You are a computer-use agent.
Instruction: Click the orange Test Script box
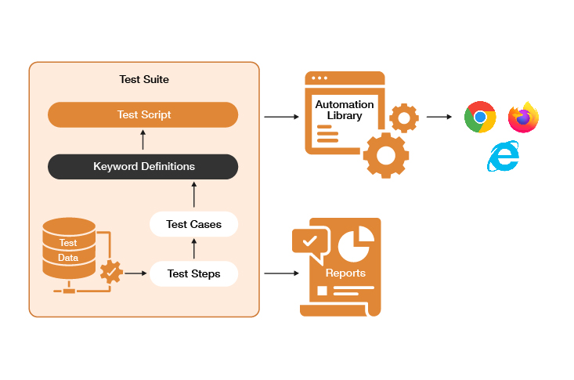tap(143, 115)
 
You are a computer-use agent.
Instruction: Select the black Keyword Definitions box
tap(143, 166)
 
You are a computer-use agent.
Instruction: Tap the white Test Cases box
tap(193, 224)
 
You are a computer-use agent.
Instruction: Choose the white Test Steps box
tap(193, 273)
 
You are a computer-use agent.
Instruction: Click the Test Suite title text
tap(143, 79)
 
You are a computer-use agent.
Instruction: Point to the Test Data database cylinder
tap(69, 248)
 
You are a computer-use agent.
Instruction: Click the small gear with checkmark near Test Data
tap(111, 272)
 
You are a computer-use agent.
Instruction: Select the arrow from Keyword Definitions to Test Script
tap(143, 140)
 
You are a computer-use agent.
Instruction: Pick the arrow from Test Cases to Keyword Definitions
tap(193, 195)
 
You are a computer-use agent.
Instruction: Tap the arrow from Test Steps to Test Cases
tap(193, 249)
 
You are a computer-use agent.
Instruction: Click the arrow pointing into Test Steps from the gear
tap(135, 273)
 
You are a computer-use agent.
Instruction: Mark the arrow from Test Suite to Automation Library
tap(282, 117)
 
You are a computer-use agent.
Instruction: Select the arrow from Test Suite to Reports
tap(282, 273)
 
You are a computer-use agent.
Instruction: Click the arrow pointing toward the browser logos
tap(439, 117)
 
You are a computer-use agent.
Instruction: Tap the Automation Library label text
tap(344, 110)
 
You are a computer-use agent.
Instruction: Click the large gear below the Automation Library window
tap(385, 155)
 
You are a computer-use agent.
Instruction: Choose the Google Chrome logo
tap(480, 118)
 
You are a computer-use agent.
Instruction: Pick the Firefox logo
tap(523, 118)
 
